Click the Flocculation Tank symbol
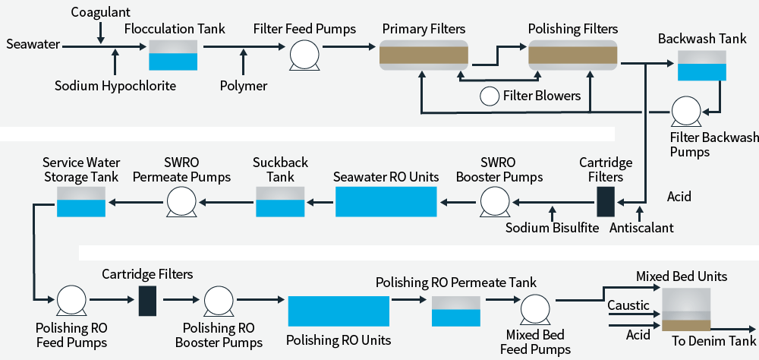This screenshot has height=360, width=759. click(173, 55)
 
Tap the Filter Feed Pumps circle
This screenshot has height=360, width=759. click(304, 55)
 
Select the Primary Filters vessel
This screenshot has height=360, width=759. click(424, 55)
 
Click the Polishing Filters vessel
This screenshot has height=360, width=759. click(573, 55)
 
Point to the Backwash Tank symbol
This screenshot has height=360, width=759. click(701, 65)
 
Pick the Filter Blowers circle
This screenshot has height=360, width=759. click(489, 96)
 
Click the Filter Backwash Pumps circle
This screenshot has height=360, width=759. click(685, 112)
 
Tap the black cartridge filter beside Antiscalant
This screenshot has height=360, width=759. click(605, 202)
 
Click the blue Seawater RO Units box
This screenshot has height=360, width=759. click(386, 203)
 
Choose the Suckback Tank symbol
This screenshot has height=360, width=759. click(279, 203)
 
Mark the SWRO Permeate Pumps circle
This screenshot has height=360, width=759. click(181, 203)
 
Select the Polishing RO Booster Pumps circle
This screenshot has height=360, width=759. click(220, 300)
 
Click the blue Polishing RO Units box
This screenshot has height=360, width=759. click(339, 311)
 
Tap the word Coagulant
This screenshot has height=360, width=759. click(102, 13)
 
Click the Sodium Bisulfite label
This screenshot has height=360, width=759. click(553, 227)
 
